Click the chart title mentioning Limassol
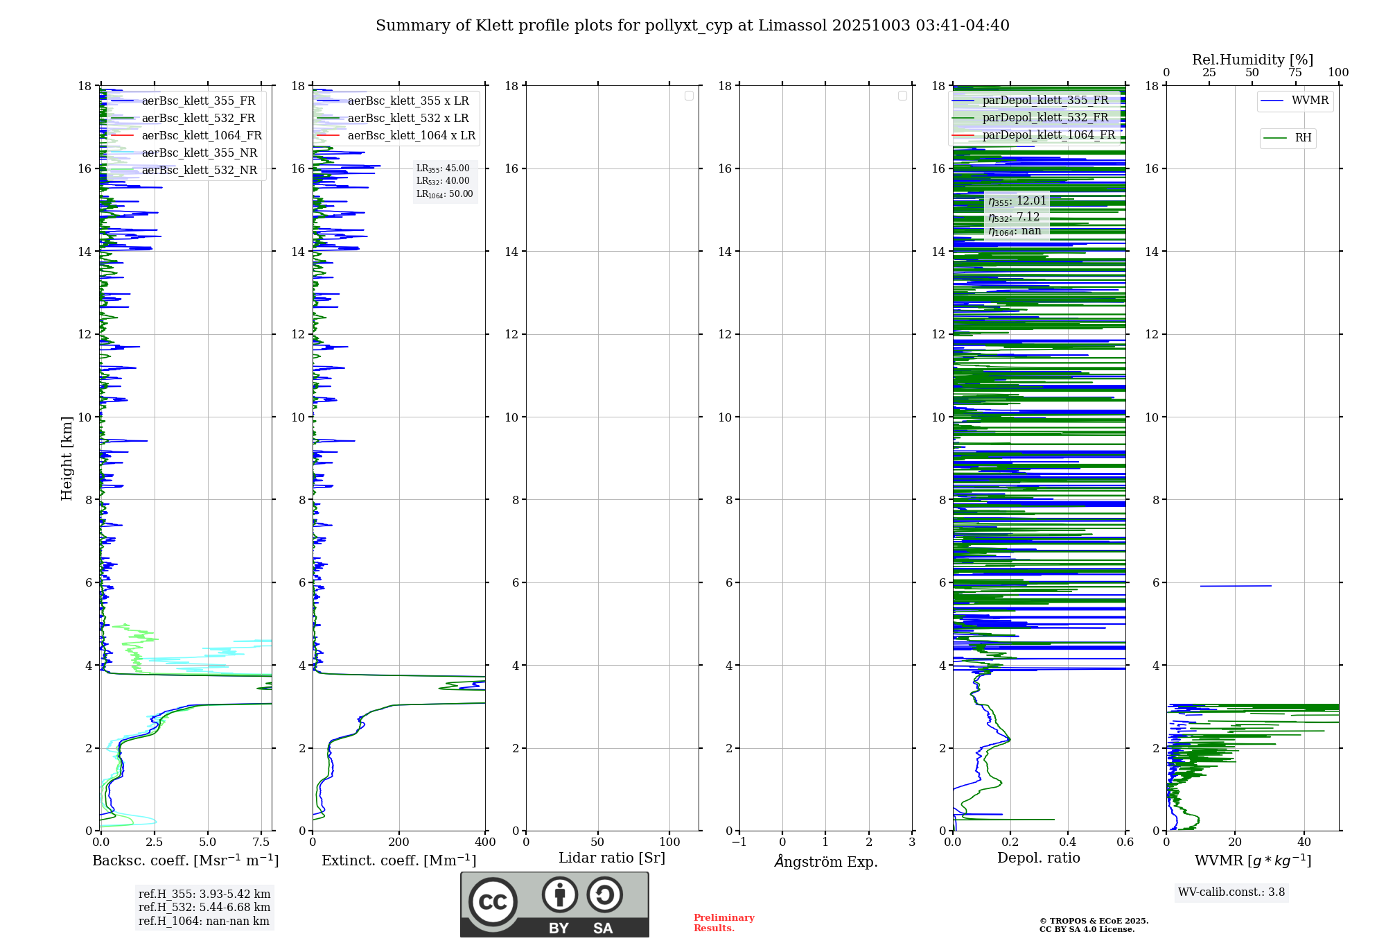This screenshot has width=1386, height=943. click(x=692, y=26)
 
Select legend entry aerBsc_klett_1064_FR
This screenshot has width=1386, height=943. click(x=202, y=135)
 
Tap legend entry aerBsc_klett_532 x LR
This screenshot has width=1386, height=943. click(x=408, y=118)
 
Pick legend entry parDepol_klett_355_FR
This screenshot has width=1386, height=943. click(x=1045, y=100)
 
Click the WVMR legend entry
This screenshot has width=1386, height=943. click(x=1310, y=101)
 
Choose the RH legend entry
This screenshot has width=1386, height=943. click(x=1303, y=138)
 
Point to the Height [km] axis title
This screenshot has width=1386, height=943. click(x=67, y=458)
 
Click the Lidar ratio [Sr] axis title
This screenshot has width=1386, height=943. click(x=612, y=858)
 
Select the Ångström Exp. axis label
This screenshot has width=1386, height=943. click(x=825, y=862)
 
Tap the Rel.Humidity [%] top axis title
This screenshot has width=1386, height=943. click(x=1252, y=60)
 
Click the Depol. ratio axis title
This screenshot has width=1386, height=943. click(x=1038, y=858)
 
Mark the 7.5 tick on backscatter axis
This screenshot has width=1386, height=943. click(x=261, y=842)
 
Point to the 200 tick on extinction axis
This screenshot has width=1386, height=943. click(x=398, y=842)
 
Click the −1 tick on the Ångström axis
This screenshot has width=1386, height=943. click(x=739, y=842)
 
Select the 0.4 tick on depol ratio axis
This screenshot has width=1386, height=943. click(x=1068, y=842)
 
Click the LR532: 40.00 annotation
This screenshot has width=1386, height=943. click(x=443, y=181)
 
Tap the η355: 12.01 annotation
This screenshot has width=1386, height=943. click(x=1017, y=201)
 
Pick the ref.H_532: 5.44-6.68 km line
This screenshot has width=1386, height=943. click(x=204, y=908)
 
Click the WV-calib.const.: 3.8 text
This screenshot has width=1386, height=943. click(x=1231, y=892)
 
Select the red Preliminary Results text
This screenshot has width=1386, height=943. click(x=723, y=923)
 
